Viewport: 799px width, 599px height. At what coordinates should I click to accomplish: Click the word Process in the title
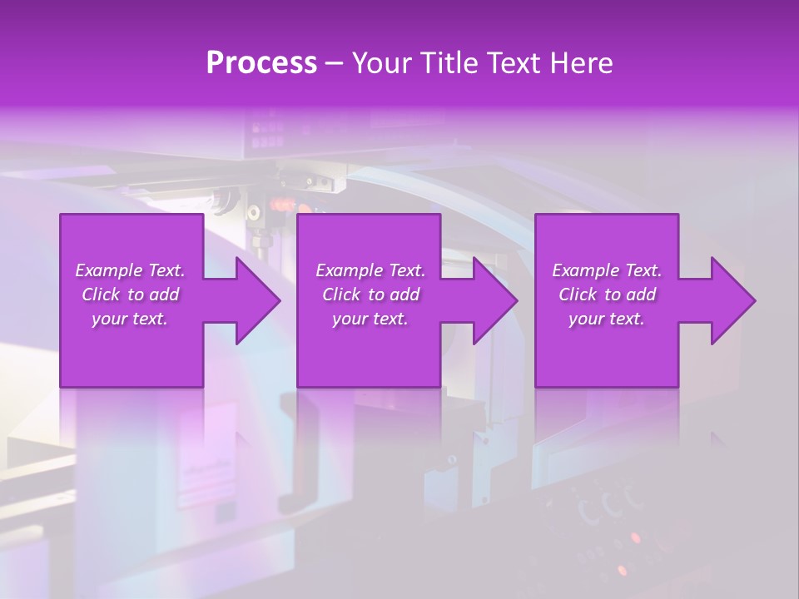pos(261,63)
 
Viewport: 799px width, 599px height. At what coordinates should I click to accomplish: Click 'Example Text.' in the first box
pos(131,270)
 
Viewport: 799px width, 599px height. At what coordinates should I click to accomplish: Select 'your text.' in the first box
pos(131,319)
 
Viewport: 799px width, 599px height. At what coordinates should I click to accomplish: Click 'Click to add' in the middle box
pos(370,295)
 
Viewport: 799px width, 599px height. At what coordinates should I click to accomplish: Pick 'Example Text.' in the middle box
pos(370,270)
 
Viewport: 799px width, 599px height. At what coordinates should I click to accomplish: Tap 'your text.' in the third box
pos(607,319)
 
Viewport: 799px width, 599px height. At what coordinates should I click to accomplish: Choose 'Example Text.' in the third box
pos(607,270)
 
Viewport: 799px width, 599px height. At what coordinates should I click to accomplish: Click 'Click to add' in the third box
pos(607,295)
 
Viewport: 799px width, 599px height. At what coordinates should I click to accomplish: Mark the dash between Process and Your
pos(334,64)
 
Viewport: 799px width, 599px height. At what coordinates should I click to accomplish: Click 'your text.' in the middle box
pos(370,319)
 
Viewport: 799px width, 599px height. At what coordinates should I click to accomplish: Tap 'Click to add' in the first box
pos(131,295)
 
